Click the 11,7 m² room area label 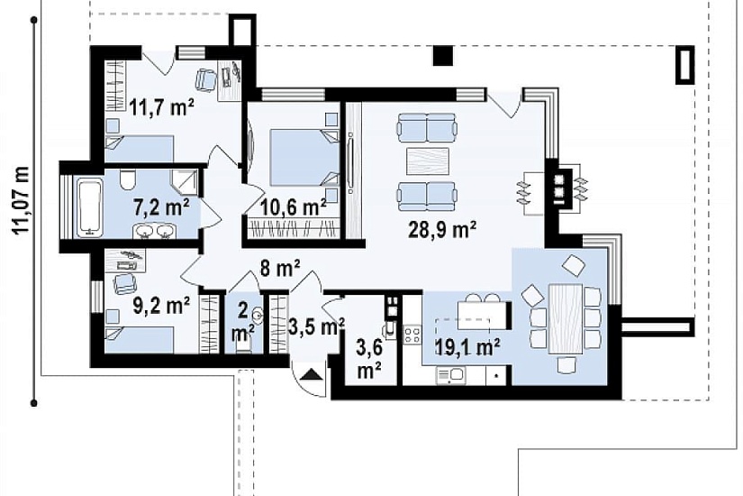(x=162, y=107)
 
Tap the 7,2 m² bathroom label (x=161, y=207)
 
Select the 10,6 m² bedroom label (x=294, y=207)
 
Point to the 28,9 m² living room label (x=442, y=230)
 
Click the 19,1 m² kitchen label (x=467, y=347)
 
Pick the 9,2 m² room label (x=161, y=305)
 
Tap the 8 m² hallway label (x=280, y=269)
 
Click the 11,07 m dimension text (x=21, y=200)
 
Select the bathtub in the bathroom (x=90, y=207)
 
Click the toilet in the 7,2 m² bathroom (x=128, y=179)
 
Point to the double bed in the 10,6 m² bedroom (x=304, y=157)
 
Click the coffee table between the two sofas (x=428, y=161)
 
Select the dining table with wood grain (x=566, y=318)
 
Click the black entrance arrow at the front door (x=313, y=374)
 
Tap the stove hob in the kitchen (x=412, y=335)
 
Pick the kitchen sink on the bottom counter (x=450, y=375)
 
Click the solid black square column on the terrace (x=443, y=56)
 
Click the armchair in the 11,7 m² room (x=205, y=79)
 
